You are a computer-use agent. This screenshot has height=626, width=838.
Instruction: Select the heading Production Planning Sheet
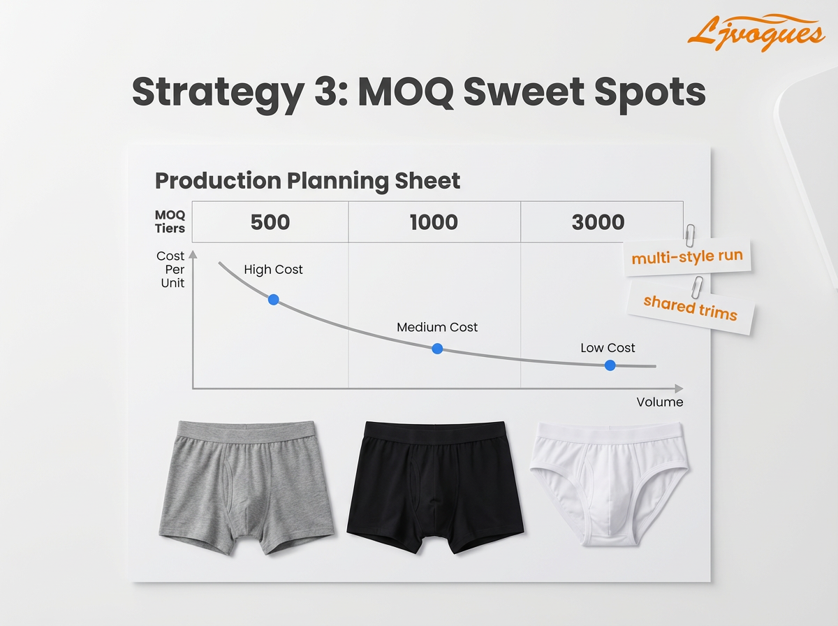pyautogui.click(x=307, y=181)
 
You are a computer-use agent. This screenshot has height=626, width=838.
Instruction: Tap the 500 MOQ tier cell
pyautogui.click(x=270, y=222)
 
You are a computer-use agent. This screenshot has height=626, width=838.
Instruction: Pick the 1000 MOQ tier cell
pyautogui.click(x=434, y=222)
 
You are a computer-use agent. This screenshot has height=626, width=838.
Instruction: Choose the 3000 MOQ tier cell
pyautogui.click(x=598, y=222)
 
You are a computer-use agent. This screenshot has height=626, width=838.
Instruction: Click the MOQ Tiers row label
pyautogui.click(x=170, y=221)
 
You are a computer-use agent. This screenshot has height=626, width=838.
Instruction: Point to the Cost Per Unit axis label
pyautogui.click(x=170, y=270)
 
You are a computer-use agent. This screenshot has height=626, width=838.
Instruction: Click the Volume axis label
pyautogui.click(x=659, y=402)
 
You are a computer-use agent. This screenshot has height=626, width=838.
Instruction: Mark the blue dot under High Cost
pyautogui.click(x=273, y=299)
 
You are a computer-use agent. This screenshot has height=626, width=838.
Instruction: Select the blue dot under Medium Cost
pyautogui.click(x=437, y=349)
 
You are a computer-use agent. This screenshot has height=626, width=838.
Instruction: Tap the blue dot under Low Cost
pyautogui.click(x=610, y=365)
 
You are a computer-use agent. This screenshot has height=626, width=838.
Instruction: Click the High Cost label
pyautogui.click(x=273, y=270)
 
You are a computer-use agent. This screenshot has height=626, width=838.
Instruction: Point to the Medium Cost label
pyautogui.click(x=437, y=327)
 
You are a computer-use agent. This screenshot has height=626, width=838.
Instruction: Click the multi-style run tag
pyautogui.click(x=686, y=257)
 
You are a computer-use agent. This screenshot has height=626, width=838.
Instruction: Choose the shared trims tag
pyautogui.click(x=690, y=307)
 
